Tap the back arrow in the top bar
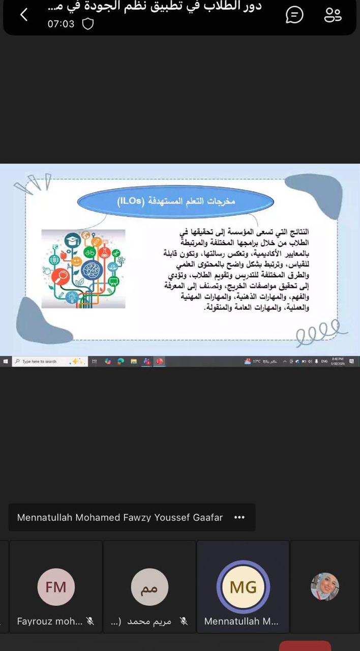(x=24, y=15)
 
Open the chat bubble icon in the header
(x=294, y=15)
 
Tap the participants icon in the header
(x=333, y=15)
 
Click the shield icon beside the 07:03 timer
(x=88, y=24)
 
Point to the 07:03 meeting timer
(x=61, y=24)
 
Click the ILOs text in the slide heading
(x=130, y=201)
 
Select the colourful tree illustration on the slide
(x=83, y=269)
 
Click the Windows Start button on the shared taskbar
(x=6, y=362)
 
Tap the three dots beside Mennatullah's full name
(x=239, y=517)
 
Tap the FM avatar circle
(x=56, y=587)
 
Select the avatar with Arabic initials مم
(x=149, y=587)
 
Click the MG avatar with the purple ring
(x=243, y=587)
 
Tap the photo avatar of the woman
(x=325, y=586)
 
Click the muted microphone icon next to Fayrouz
(x=91, y=621)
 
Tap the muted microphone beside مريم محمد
(x=184, y=621)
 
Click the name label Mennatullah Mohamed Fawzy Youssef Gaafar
(x=120, y=517)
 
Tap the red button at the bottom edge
(x=305, y=646)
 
